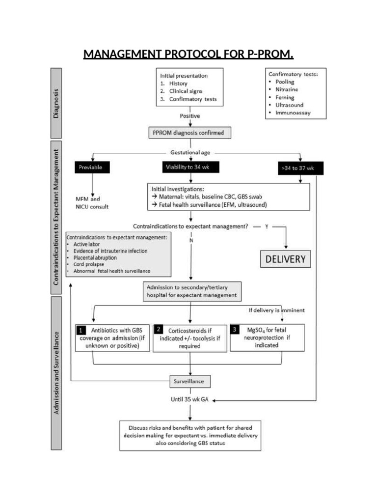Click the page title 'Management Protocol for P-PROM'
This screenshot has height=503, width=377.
(x=188, y=54)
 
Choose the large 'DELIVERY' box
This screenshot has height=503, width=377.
(x=285, y=259)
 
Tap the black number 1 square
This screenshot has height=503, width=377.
(x=81, y=330)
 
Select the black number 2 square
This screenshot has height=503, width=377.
(x=159, y=330)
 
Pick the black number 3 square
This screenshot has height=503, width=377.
(x=236, y=330)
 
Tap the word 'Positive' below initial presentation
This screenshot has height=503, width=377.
(x=189, y=116)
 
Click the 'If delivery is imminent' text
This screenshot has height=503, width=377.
(x=277, y=310)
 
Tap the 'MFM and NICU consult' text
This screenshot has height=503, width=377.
(x=92, y=203)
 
